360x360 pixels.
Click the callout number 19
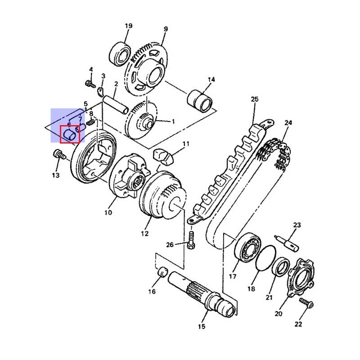129,26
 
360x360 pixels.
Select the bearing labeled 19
120,54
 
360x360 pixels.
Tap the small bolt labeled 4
90,84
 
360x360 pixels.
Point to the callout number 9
166,29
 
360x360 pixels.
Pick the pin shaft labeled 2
115,105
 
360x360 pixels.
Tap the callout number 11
186,144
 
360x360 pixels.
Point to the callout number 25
255,99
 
